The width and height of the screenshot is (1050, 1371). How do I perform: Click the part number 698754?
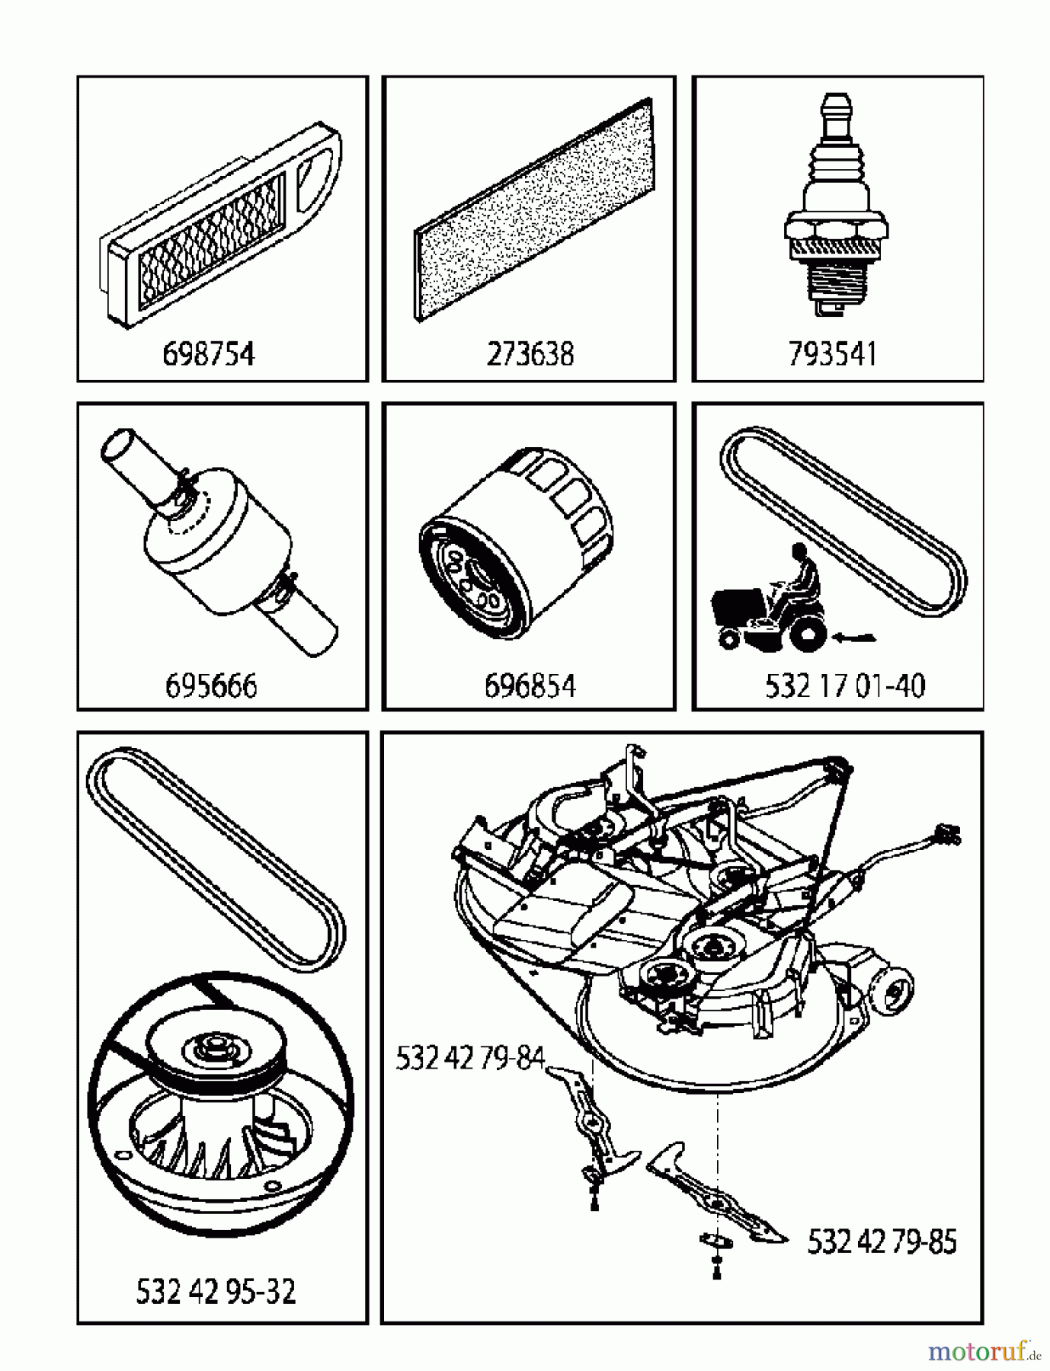(209, 354)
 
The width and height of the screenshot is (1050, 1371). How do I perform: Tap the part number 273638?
(530, 354)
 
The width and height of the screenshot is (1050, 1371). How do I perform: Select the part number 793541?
(833, 354)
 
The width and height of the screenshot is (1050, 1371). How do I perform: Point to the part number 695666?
(211, 685)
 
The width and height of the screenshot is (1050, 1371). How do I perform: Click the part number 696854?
(530, 685)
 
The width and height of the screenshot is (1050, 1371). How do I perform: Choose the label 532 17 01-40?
(845, 685)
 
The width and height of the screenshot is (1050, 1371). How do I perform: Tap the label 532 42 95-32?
(216, 1292)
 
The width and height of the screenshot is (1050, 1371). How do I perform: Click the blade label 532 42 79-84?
(471, 1059)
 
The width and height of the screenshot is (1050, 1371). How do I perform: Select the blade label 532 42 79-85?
(882, 1242)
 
